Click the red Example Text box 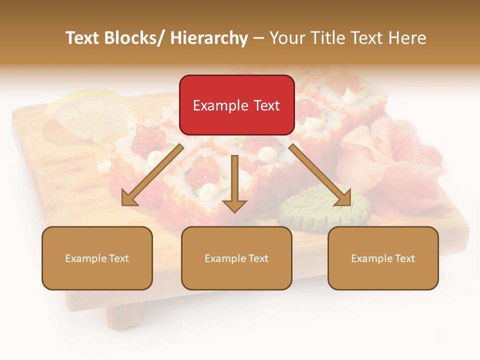pos(236,105)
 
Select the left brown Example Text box pos(97,258)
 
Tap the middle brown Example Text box pos(236,258)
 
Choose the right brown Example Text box pos(383,258)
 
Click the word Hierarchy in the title pos(209,38)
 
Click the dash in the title pos(258,38)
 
